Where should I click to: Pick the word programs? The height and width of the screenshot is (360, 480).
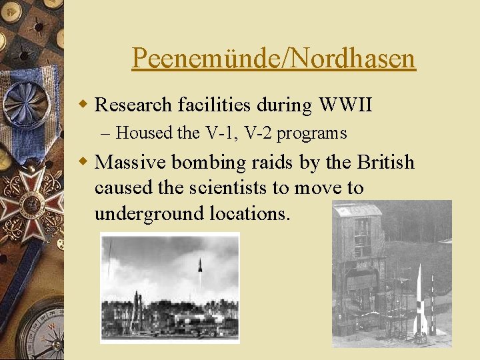coord(311,133)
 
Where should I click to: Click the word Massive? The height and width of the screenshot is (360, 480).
coord(132,162)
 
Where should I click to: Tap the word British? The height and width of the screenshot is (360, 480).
coord(385,162)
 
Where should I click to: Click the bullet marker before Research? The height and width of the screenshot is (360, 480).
coord(83,105)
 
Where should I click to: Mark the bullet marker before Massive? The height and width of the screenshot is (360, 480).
coord(83,162)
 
